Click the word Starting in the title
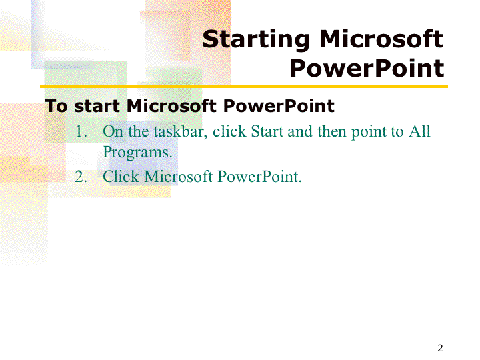click(x=256, y=40)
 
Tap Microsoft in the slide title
click(x=381, y=39)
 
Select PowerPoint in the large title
click(x=367, y=68)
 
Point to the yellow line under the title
click(x=244, y=87)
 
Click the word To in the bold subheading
click(x=56, y=106)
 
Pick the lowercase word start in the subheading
click(x=97, y=107)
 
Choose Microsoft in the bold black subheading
click(x=171, y=106)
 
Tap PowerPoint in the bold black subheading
click(x=279, y=106)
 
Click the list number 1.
click(x=81, y=131)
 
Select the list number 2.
click(x=81, y=177)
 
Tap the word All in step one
click(x=420, y=131)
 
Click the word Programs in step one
click(x=137, y=153)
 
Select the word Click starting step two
click(x=121, y=177)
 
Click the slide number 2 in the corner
click(x=440, y=348)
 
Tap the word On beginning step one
click(x=113, y=131)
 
